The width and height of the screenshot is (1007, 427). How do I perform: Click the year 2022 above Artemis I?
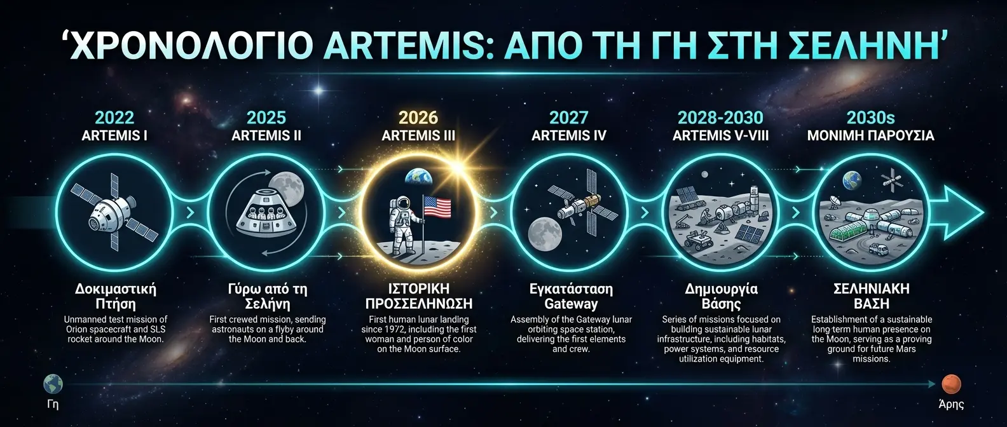114,118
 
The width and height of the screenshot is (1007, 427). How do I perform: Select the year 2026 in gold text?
418,118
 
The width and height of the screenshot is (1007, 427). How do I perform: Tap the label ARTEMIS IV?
569,136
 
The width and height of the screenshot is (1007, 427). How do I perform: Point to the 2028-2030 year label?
720,118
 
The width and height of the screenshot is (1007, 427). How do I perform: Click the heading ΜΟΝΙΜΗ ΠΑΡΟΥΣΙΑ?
870,136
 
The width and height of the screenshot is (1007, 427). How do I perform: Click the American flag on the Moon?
437,207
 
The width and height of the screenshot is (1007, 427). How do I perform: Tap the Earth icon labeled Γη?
53,384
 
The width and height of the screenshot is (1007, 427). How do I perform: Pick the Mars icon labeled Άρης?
951,384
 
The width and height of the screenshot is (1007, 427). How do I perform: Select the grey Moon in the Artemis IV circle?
545,233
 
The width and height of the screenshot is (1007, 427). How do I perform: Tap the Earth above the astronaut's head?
417,175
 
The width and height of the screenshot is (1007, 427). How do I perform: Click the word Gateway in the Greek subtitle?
571,304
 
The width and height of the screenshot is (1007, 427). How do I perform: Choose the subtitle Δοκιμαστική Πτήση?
115,296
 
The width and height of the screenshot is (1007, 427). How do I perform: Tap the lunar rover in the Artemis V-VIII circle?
703,241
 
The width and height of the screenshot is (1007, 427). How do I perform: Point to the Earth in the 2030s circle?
852,181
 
